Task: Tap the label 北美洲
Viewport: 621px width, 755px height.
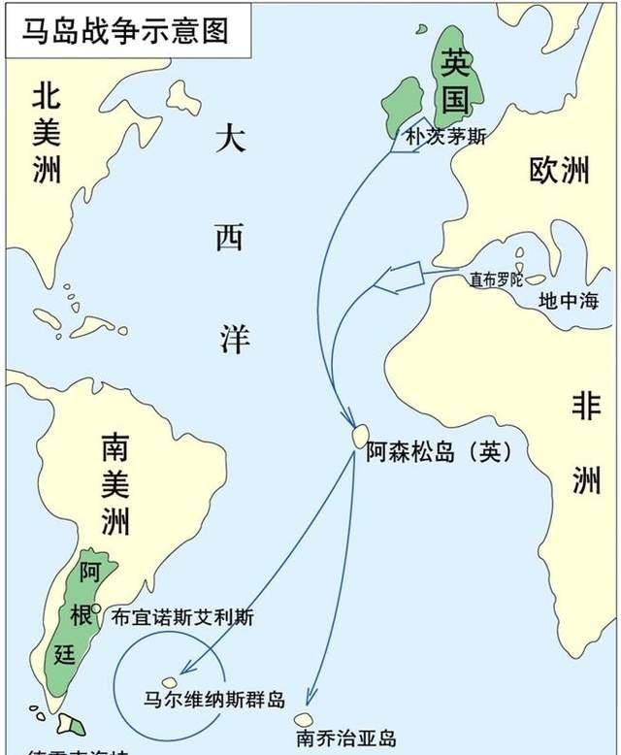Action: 47,133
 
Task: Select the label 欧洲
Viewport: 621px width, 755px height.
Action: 559,171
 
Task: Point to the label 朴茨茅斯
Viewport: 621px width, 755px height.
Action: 445,137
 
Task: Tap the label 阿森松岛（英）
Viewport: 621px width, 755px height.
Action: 439,453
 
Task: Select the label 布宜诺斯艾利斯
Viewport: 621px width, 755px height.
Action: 182,615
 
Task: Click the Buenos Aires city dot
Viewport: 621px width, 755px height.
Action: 97,608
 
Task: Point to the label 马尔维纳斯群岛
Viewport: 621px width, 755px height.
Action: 213,699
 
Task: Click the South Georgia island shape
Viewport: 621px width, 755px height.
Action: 304,720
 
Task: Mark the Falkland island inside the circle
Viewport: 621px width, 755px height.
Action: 170,682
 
